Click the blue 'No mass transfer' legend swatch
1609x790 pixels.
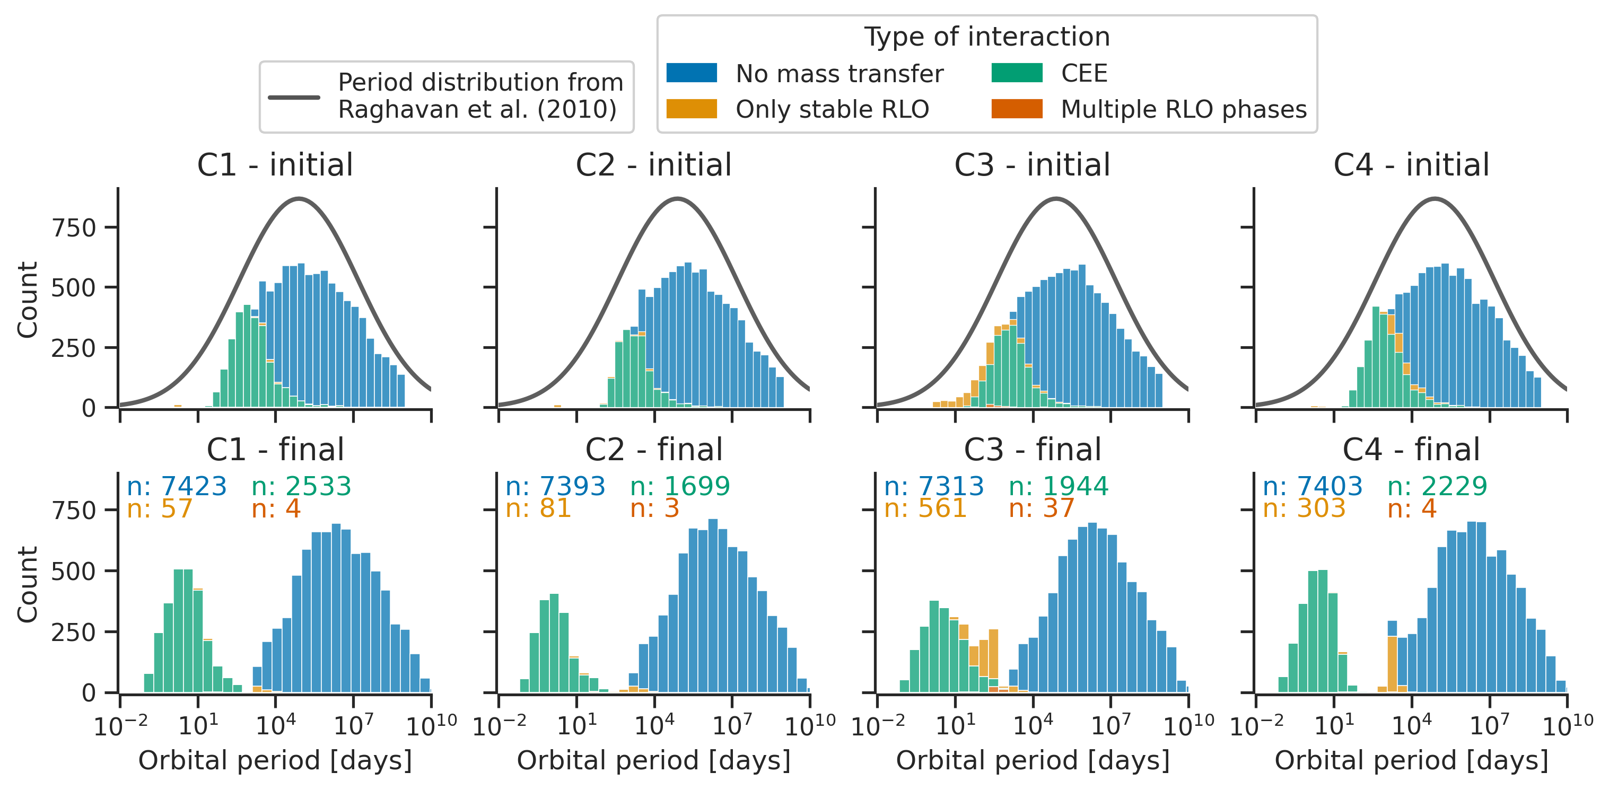tap(692, 73)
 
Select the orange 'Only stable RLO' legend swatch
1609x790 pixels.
tap(692, 109)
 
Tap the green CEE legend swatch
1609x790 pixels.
tap(1016, 73)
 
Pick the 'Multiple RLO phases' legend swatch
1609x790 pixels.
tap(1016, 109)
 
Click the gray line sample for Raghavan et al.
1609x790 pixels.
tap(294, 98)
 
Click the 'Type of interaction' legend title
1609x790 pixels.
tap(987, 37)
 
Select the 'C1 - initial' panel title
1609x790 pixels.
tap(275, 165)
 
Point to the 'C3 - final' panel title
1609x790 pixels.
tap(1033, 450)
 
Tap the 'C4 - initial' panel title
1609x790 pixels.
tap(1411, 165)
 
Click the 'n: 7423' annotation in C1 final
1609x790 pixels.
tap(176, 486)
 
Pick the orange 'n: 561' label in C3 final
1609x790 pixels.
tap(925, 508)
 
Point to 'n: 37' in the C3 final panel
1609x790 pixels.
tap(1041, 508)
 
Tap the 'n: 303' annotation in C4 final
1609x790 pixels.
tap(1304, 508)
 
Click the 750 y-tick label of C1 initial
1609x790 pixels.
tap(74, 228)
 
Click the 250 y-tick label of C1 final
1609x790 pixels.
tap(74, 632)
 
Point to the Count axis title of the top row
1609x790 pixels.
tap(28, 300)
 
